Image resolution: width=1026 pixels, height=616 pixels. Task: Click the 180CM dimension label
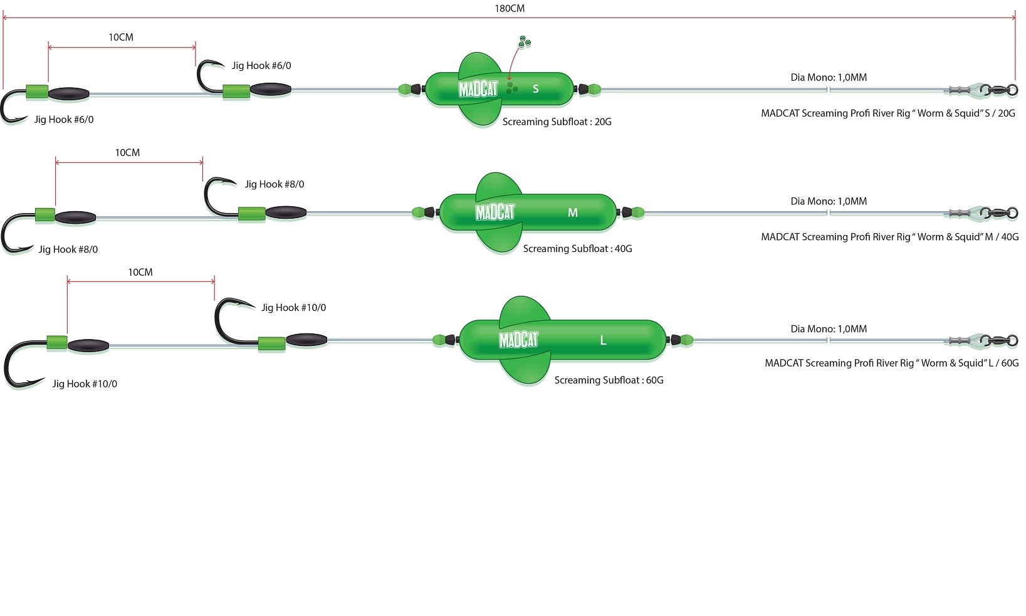coord(509,9)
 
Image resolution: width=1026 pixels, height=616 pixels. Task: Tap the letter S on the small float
coord(535,89)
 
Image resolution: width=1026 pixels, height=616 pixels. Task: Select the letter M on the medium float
coord(572,213)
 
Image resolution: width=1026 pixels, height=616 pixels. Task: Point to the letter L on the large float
coord(603,341)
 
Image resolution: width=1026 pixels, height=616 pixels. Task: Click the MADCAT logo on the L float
coord(518,340)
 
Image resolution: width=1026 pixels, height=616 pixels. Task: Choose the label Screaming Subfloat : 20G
coord(557,122)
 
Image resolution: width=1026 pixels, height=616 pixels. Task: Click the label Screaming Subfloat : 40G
coord(577,249)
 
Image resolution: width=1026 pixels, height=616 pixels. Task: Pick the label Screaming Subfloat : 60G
coord(609,380)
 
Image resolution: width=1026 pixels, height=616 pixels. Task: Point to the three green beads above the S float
coord(524,43)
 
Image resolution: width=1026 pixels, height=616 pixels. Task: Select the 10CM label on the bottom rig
coord(140,273)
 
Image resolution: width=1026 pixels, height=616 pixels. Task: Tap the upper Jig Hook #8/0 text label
coord(275,184)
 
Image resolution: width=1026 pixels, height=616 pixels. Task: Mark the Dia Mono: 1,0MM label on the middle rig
coord(829,202)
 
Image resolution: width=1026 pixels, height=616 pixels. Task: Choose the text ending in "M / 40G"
coord(889,237)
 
